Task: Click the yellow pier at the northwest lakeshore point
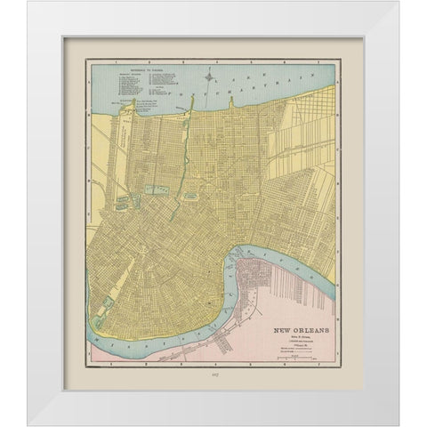click(x=95, y=104)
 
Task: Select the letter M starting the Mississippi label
click(x=95, y=334)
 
